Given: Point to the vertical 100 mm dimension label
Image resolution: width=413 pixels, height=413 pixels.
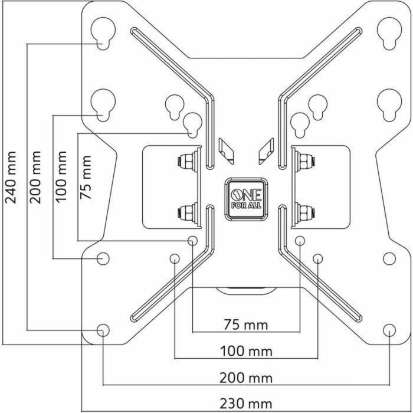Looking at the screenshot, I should point(62,177).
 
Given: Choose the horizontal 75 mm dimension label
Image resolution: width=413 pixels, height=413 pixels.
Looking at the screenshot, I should point(246,325).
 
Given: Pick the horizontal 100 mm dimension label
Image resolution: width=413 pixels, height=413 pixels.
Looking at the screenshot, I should point(246,352).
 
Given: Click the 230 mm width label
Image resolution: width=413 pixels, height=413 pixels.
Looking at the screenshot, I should point(246,404).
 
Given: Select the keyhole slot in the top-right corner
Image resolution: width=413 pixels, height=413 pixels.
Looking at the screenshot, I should point(388,32).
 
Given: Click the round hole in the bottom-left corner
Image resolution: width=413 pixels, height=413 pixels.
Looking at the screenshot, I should point(103,330).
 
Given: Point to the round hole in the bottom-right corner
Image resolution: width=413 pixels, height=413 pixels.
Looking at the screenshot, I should point(389,330).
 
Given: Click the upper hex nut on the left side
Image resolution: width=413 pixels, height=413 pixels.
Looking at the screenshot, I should point(188,162).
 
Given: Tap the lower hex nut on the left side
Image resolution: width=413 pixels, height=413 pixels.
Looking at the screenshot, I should point(188,211).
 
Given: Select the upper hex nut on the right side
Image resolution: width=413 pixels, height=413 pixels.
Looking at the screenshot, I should point(305,162).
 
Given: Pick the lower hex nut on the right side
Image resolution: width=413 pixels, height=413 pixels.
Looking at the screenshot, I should point(305,211).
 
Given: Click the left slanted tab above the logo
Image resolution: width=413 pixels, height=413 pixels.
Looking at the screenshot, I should point(225,150).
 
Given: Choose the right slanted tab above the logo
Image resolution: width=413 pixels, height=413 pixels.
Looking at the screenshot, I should point(265,150).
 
